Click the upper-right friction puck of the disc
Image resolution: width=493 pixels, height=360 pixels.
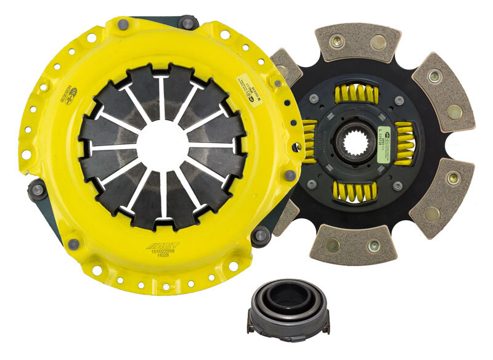click(x=443, y=92)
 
